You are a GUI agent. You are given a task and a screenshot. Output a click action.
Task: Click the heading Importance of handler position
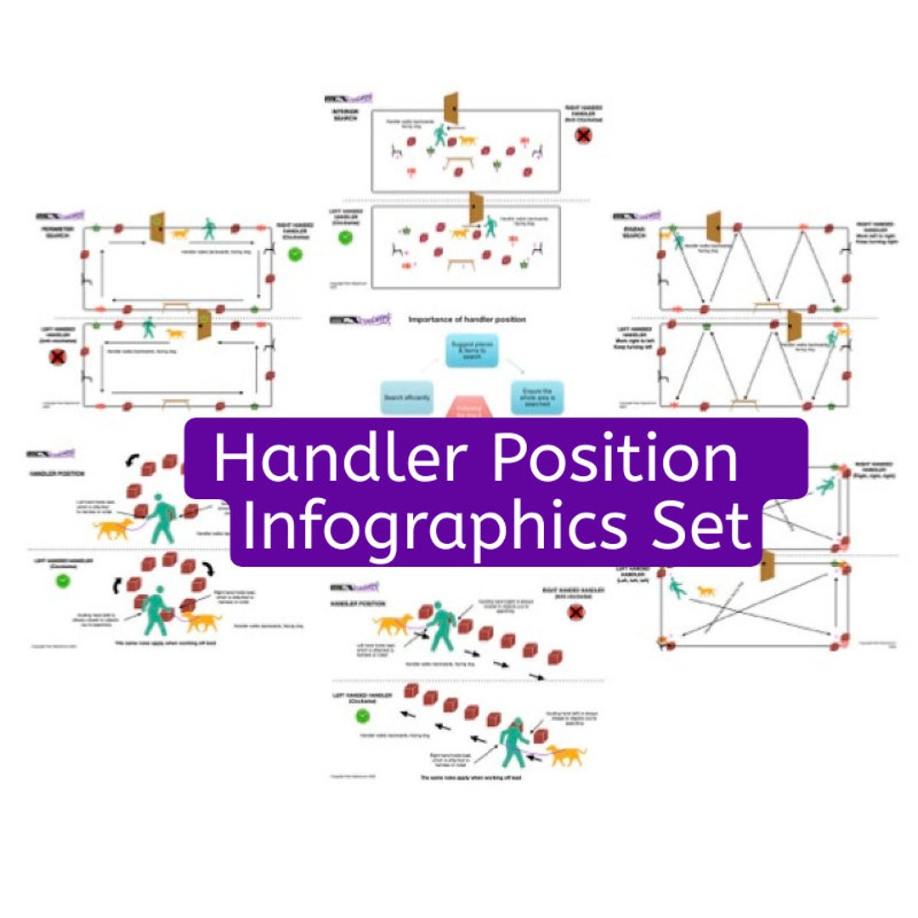click(x=467, y=320)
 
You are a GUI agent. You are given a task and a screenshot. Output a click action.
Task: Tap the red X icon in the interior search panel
click(x=583, y=134)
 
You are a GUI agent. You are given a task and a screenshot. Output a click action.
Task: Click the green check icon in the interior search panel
click(x=345, y=239)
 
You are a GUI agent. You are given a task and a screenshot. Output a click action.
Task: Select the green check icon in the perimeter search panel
click(x=296, y=253)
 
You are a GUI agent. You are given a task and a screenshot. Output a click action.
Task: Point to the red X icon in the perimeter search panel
click(x=58, y=358)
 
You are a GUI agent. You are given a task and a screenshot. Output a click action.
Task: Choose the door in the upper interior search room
click(x=450, y=108)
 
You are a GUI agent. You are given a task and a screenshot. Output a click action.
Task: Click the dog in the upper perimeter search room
click(x=180, y=232)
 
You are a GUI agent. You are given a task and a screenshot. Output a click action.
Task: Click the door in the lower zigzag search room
click(x=795, y=325)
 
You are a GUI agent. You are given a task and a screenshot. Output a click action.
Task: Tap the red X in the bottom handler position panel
click(x=576, y=612)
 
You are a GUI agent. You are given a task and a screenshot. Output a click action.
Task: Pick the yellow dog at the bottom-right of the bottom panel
click(x=567, y=754)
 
